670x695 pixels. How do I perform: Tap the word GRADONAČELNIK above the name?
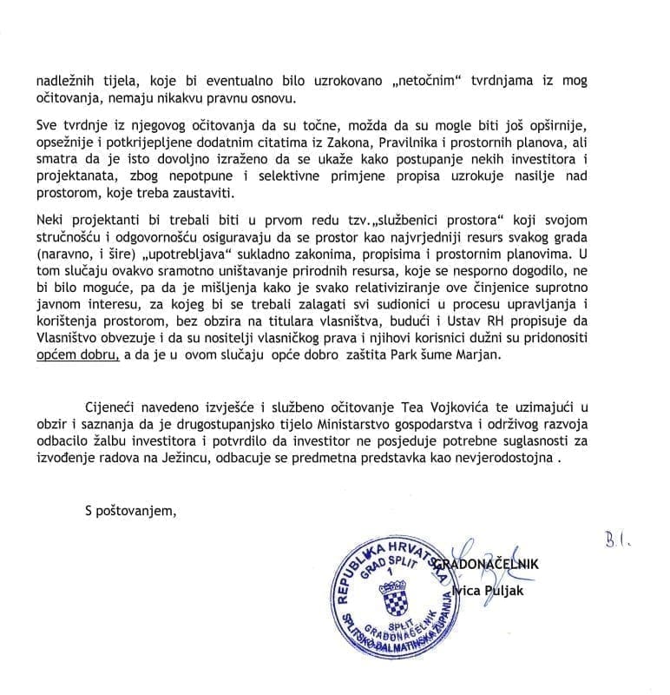496,564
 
